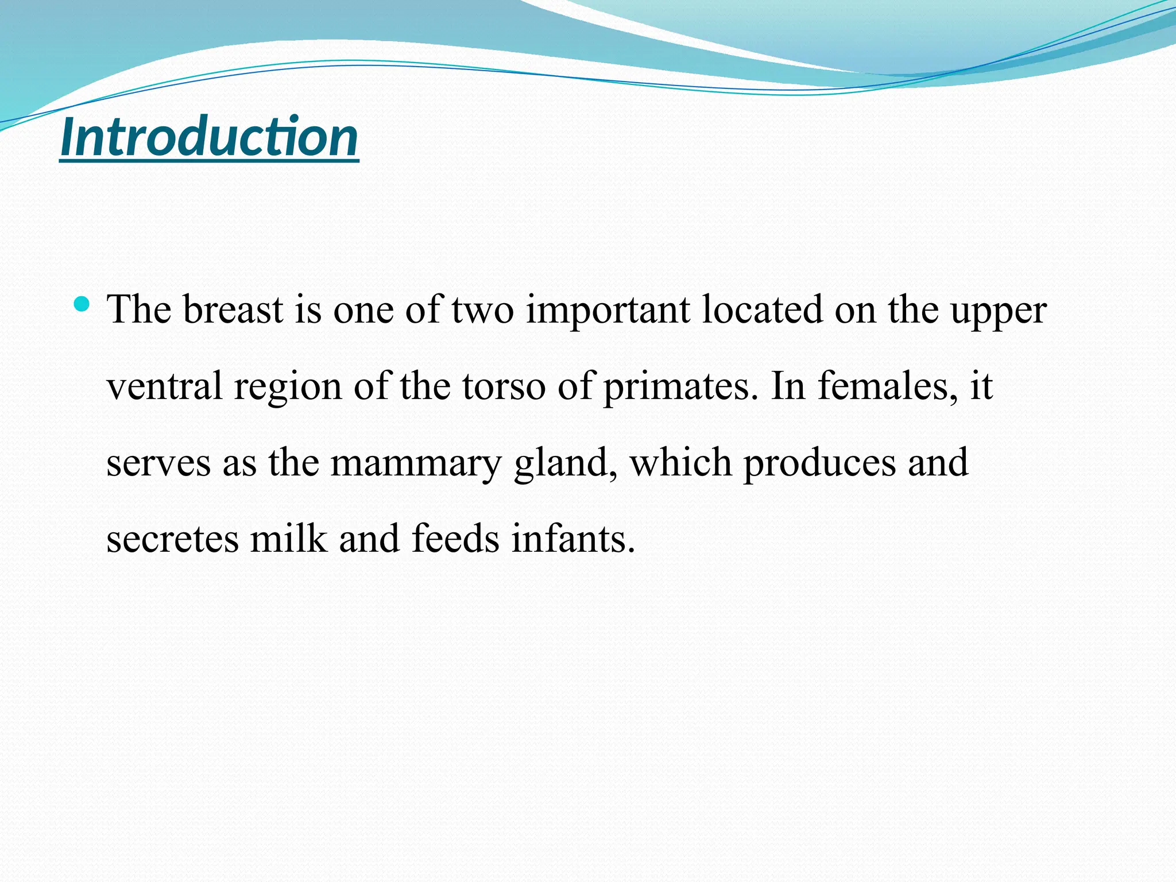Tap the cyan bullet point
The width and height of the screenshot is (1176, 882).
[x=82, y=304]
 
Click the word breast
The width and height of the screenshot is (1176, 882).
[x=233, y=310]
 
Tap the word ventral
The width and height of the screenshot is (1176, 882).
[x=164, y=386]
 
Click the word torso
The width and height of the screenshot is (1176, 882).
[x=504, y=386]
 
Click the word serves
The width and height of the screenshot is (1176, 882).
[x=158, y=463]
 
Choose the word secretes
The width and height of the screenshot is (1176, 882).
[x=172, y=539]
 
